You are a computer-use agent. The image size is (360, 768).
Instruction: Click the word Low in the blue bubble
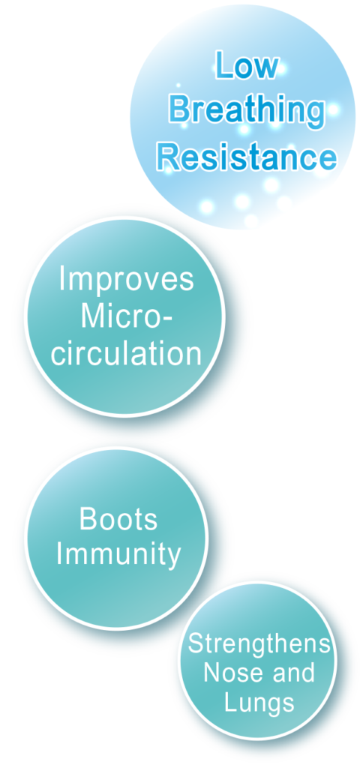[247, 66]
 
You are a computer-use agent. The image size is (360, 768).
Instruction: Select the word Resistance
[247, 157]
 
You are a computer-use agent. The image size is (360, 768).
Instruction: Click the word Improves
[126, 280]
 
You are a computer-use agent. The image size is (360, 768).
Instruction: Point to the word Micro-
[126, 316]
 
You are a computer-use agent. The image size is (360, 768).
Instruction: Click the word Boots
[118, 519]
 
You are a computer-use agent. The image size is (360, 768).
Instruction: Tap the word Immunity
[118, 555]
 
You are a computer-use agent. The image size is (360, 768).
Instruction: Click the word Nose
[228, 673]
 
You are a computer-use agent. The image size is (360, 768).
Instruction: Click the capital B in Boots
[87, 519]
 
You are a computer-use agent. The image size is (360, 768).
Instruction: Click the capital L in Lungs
[231, 701]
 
